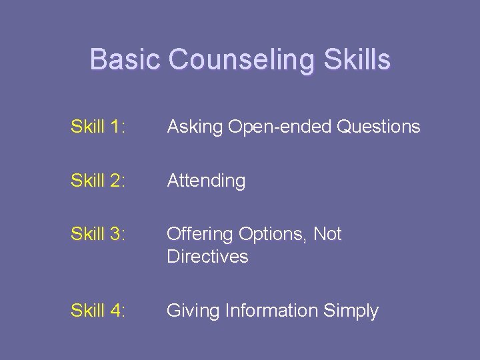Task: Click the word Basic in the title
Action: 125,59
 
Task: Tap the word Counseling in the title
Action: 241,60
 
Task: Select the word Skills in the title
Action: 357,59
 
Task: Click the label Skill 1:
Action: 97,127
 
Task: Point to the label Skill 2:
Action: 97,181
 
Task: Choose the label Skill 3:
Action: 97,234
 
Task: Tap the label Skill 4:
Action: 97,311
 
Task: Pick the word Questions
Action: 379,127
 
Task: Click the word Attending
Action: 206,181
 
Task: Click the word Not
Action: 327,234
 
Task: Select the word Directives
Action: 207,257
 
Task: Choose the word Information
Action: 272,311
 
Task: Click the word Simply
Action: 352,311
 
